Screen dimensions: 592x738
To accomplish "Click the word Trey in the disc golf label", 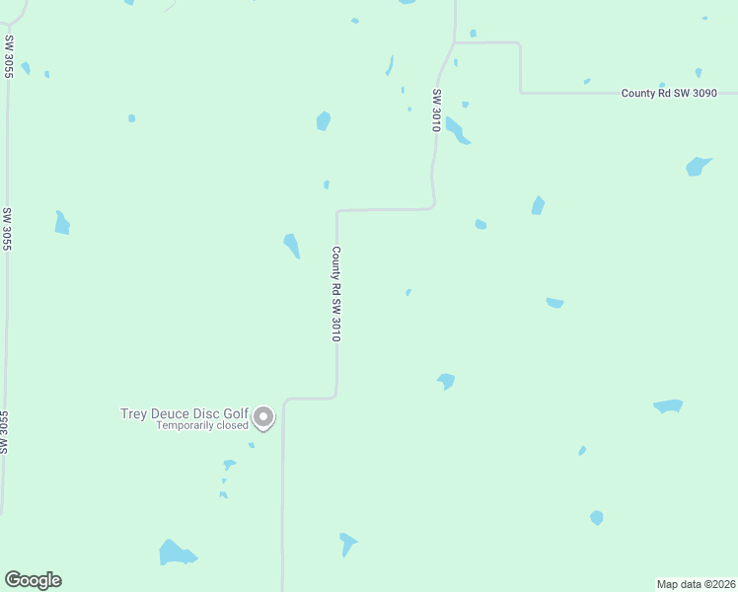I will tap(133, 413).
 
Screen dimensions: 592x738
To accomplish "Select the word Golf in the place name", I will tap(234, 413).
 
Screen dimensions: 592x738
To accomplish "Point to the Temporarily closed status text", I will tap(201, 426).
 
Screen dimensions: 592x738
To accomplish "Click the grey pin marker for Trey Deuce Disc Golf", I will tap(263, 417).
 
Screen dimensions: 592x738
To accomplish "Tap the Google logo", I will tap(33, 580).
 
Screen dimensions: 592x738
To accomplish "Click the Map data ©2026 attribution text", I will tap(696, 584).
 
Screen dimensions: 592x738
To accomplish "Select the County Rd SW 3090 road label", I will tap(669, 93).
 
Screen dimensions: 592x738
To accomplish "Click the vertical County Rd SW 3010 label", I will tap(336, 294).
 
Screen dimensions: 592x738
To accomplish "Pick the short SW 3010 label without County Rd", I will tap(435, 111).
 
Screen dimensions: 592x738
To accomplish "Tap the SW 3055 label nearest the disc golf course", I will tap(6, 432).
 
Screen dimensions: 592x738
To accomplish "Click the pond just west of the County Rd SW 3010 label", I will tap(292, 245).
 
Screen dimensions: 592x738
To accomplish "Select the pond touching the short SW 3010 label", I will tap(456, 129).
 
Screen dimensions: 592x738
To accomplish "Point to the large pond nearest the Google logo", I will tap(177, 554).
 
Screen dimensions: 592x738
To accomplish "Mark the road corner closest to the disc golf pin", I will tap(285, 400).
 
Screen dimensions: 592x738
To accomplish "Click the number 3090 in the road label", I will tap(702, 93).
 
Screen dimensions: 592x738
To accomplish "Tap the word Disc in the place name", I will tap(205, 413).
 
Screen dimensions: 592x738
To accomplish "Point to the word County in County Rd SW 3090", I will tap(637, 93).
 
